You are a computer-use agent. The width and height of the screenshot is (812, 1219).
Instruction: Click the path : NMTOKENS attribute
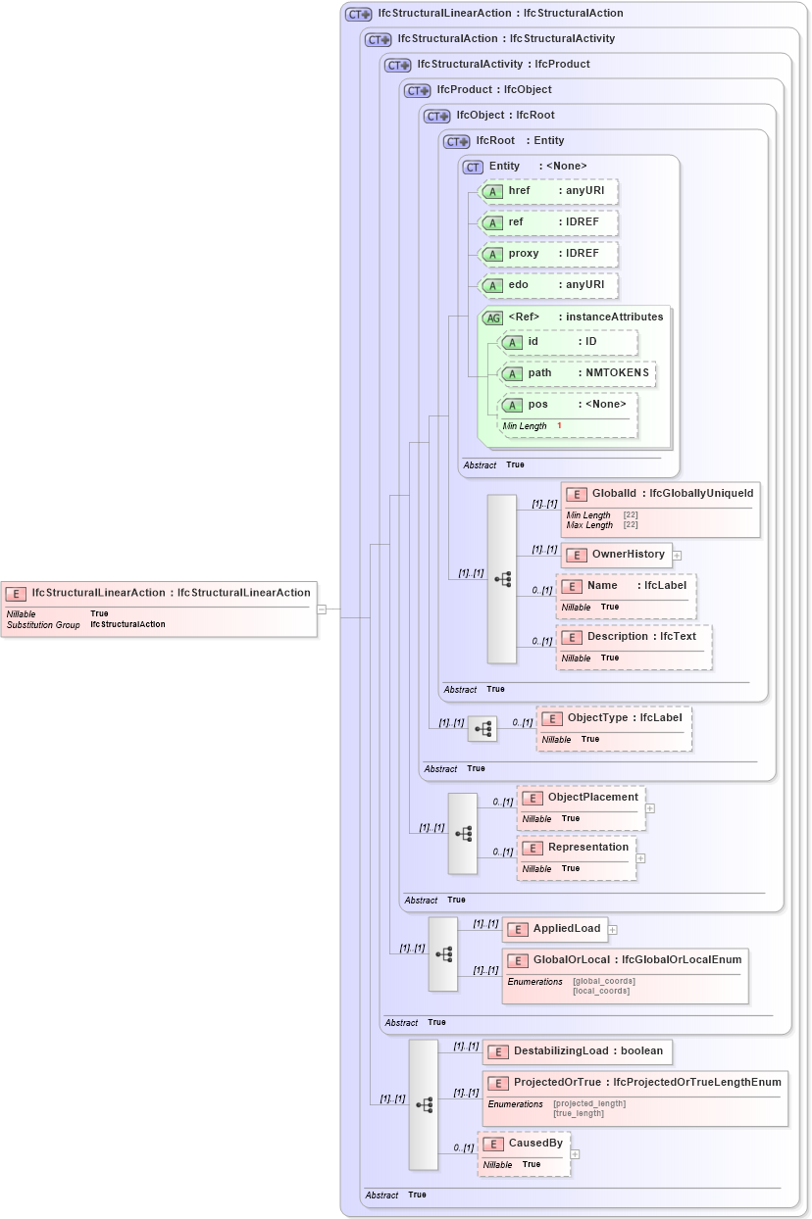coord(578,373)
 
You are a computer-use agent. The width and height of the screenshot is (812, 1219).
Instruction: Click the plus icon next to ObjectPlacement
coord(650,808)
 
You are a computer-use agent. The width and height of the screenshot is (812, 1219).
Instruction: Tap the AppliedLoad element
coord(555,929)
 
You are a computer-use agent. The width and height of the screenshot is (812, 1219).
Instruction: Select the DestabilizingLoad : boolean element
coord(577,1051)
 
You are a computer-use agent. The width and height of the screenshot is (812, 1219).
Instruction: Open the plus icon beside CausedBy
coord(575,1154)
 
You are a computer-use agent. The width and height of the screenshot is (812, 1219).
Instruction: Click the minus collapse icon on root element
coord(321,609)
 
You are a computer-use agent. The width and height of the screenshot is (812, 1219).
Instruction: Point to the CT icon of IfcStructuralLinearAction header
coord(358,14)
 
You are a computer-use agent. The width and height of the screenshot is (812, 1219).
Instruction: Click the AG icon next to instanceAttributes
coord(493,317)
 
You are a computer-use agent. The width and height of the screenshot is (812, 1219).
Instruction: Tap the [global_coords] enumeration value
coord(603,981)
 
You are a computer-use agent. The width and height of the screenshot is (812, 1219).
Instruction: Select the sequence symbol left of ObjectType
coord(482,729)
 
